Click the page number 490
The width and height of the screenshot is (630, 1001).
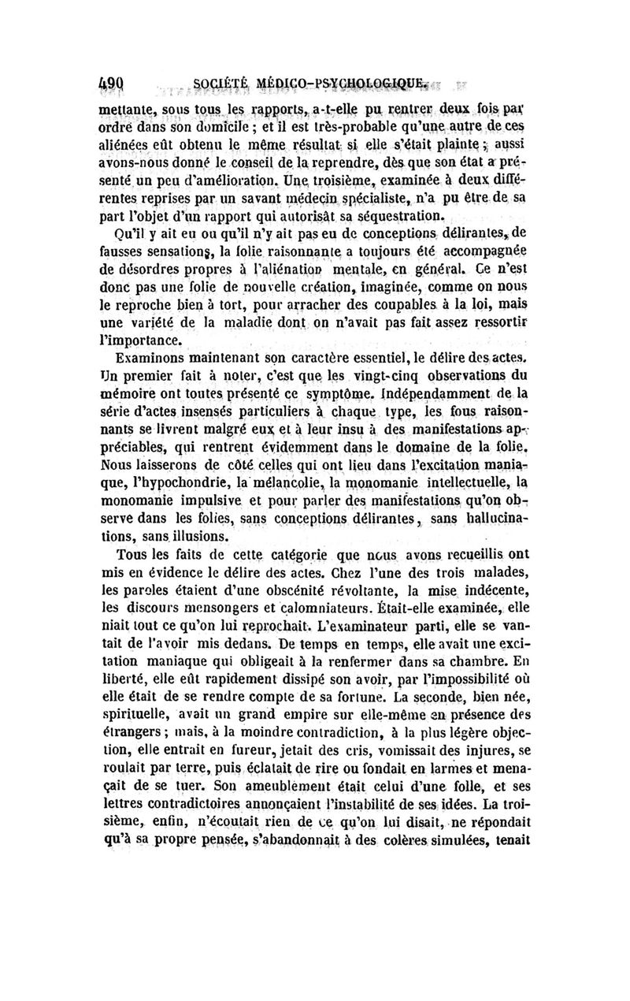click(x=117, y=81)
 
